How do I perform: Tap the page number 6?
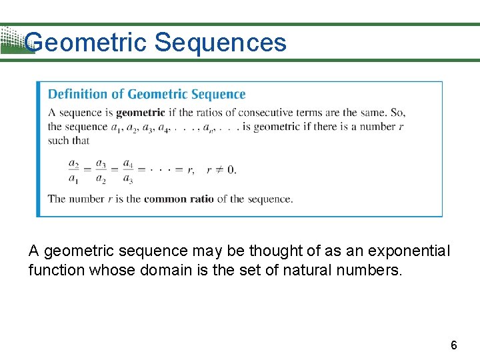tap(454, 345)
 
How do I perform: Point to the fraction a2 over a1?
tap(75, 171)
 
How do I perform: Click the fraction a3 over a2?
tap(101, 171)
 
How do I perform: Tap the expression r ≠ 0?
tap(221, 169)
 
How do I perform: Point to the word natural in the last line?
tap(317, 270)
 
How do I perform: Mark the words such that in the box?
tap(68, 141)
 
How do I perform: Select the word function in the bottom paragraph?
tap(55, 270)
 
